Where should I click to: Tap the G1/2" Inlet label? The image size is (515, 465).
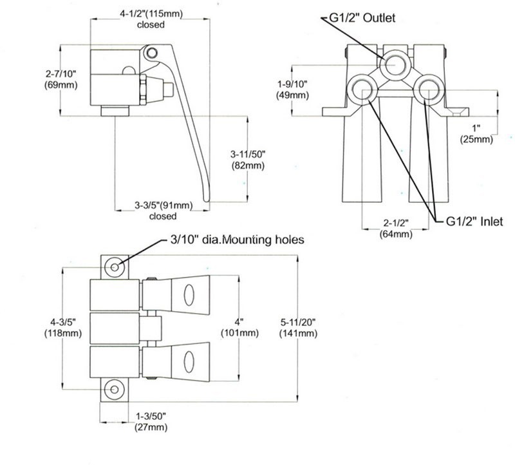point(474,222)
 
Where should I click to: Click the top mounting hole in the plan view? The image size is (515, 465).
point(115,267)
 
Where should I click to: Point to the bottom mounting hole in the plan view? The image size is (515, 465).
point(115,388)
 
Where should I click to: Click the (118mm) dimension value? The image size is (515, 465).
point(62,333)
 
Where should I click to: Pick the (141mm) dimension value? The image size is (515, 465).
point(298,333)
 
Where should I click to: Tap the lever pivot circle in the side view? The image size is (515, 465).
point(152,51)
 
